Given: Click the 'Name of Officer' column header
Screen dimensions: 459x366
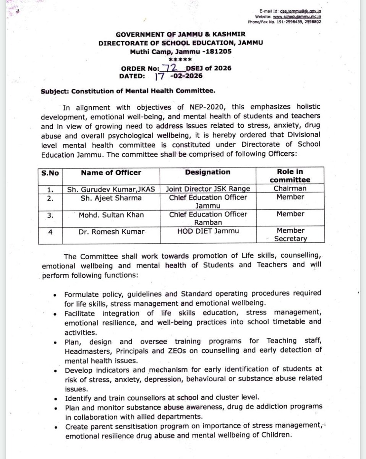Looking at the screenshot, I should tap(111, 173).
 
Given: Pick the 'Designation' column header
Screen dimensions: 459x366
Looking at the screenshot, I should tap(208, 173).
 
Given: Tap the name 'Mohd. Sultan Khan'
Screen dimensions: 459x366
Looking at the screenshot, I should tap(111, 215).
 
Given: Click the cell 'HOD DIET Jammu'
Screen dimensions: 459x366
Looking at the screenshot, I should tap(208, 231).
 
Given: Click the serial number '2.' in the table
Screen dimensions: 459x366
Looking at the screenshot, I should tap(50, 198).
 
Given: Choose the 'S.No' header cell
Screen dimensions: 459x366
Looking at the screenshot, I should tap(50, 173).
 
